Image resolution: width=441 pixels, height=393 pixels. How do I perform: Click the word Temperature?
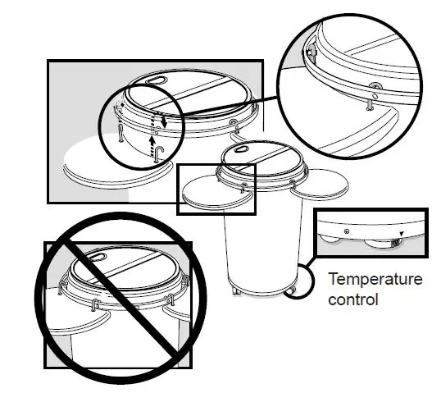click(x=375, y=280)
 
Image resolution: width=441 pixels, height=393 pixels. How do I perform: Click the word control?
click(x=353, y=299)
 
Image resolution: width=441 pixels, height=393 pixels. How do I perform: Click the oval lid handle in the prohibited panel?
click(x=97, y=255)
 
